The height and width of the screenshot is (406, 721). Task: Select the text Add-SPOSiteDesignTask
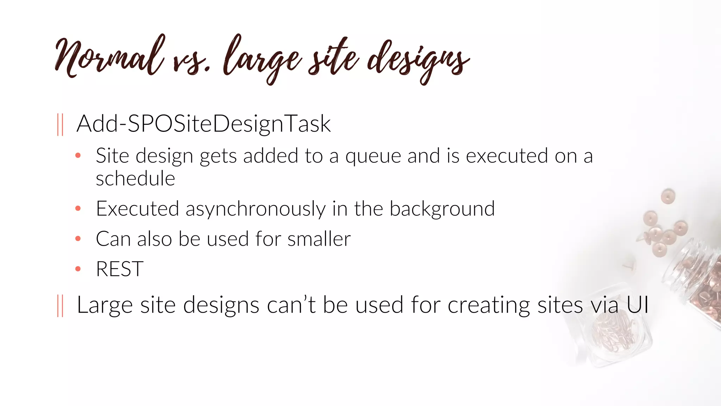(x=203, y=124)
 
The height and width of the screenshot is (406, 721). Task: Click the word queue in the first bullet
(x=373, y=156)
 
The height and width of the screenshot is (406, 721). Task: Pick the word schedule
(x=135, y=179)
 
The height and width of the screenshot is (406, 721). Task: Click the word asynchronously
(x=255, y=209)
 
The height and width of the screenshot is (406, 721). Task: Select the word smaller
(x=319, y=239)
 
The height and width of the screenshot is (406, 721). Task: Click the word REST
(x=120, y=269)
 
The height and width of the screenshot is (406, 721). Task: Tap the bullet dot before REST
(x=78, y=269)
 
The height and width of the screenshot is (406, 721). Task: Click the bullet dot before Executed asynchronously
(x=78, y=209)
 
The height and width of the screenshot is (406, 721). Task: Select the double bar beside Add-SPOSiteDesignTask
(x=60, y=124)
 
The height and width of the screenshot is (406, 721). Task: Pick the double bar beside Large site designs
(x=60, y=306)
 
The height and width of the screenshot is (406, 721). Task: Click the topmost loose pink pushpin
(x=667, y=196)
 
